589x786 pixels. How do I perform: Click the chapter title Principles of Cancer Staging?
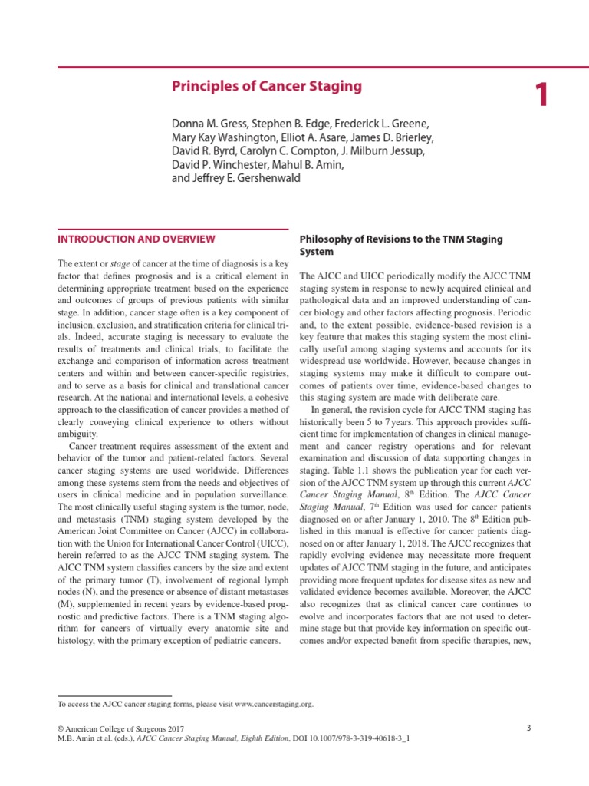266,86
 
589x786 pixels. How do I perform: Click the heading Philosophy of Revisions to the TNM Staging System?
400,245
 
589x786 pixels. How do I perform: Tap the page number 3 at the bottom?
528,728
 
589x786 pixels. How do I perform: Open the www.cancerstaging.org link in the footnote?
274,703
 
